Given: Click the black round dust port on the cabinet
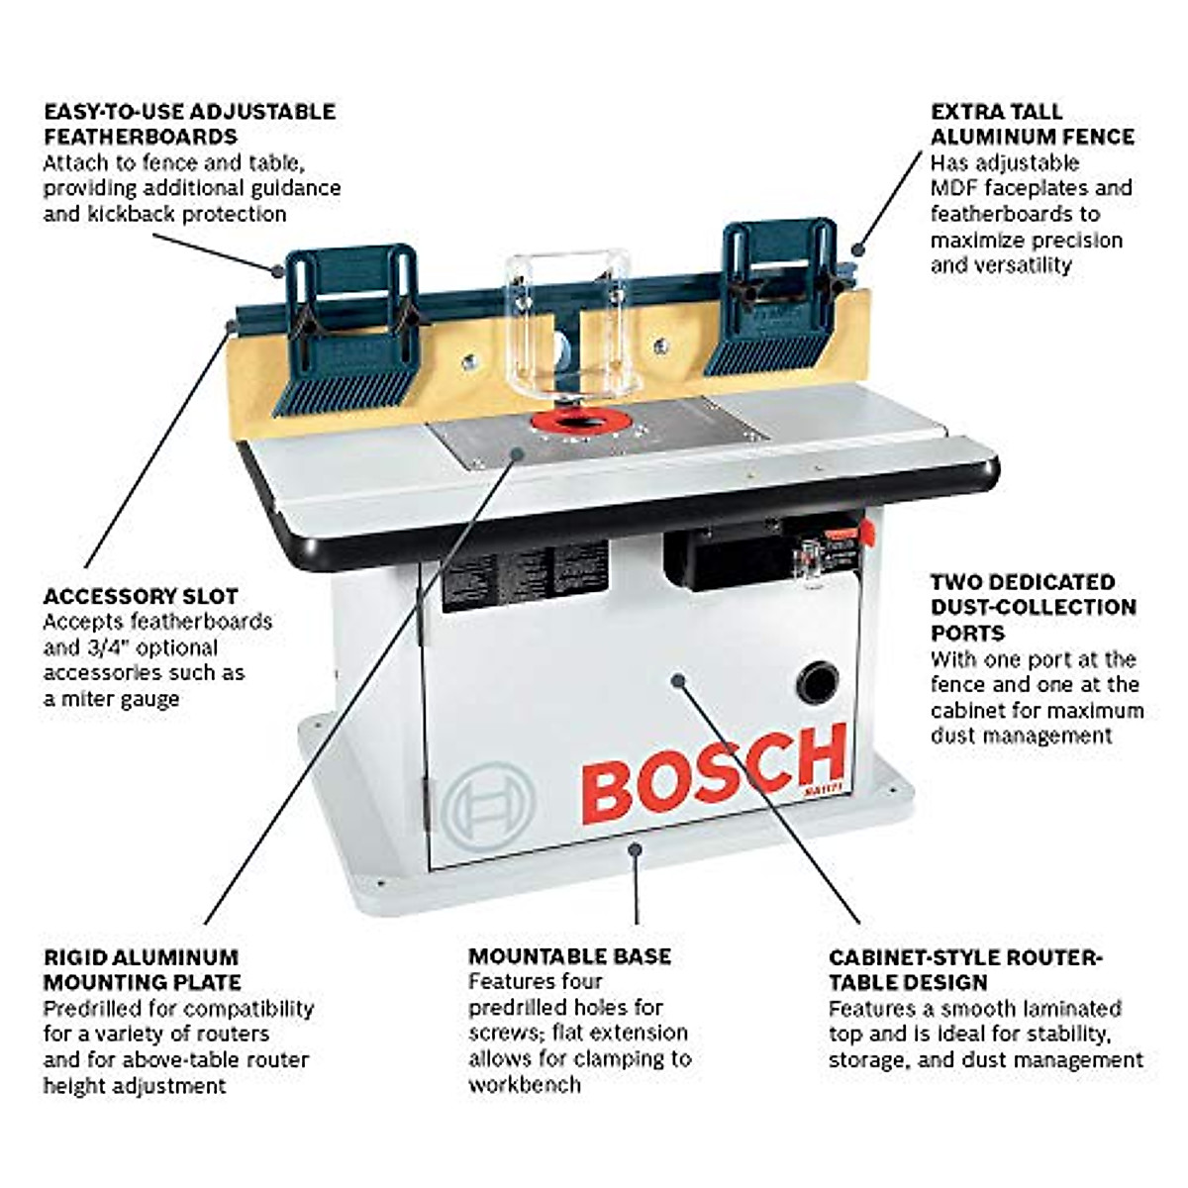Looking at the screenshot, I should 818,683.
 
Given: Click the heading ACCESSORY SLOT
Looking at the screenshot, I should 141,596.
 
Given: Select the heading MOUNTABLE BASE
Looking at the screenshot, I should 569,955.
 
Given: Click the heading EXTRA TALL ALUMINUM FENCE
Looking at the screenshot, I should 1032,124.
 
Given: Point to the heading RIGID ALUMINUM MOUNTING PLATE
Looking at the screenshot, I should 142,969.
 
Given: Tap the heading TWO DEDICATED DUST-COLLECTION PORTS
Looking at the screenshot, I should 1033,607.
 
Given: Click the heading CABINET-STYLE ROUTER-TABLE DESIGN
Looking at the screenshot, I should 964,969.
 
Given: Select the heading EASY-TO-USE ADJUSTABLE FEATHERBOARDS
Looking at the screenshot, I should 189,124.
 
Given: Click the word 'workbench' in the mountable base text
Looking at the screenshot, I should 524,1084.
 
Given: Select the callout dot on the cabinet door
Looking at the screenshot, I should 677,679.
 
